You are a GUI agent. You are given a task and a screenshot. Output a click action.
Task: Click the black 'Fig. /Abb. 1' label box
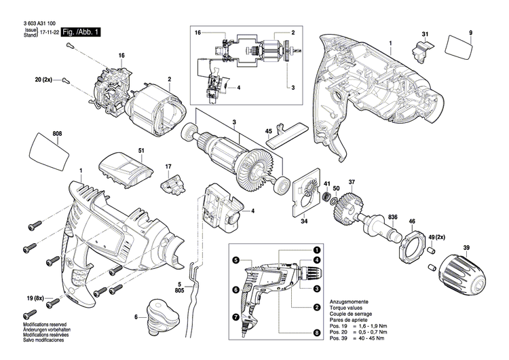point(81,32)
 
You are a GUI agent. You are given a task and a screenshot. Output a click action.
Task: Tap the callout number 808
point(57,134)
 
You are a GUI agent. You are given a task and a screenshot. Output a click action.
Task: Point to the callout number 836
point(392,217)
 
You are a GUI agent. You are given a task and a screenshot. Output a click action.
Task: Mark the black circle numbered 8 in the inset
point(317,333)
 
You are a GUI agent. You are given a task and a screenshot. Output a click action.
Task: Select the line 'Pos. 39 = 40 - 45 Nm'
point(357,338)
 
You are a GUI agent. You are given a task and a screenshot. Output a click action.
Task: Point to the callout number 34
point(304,221)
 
